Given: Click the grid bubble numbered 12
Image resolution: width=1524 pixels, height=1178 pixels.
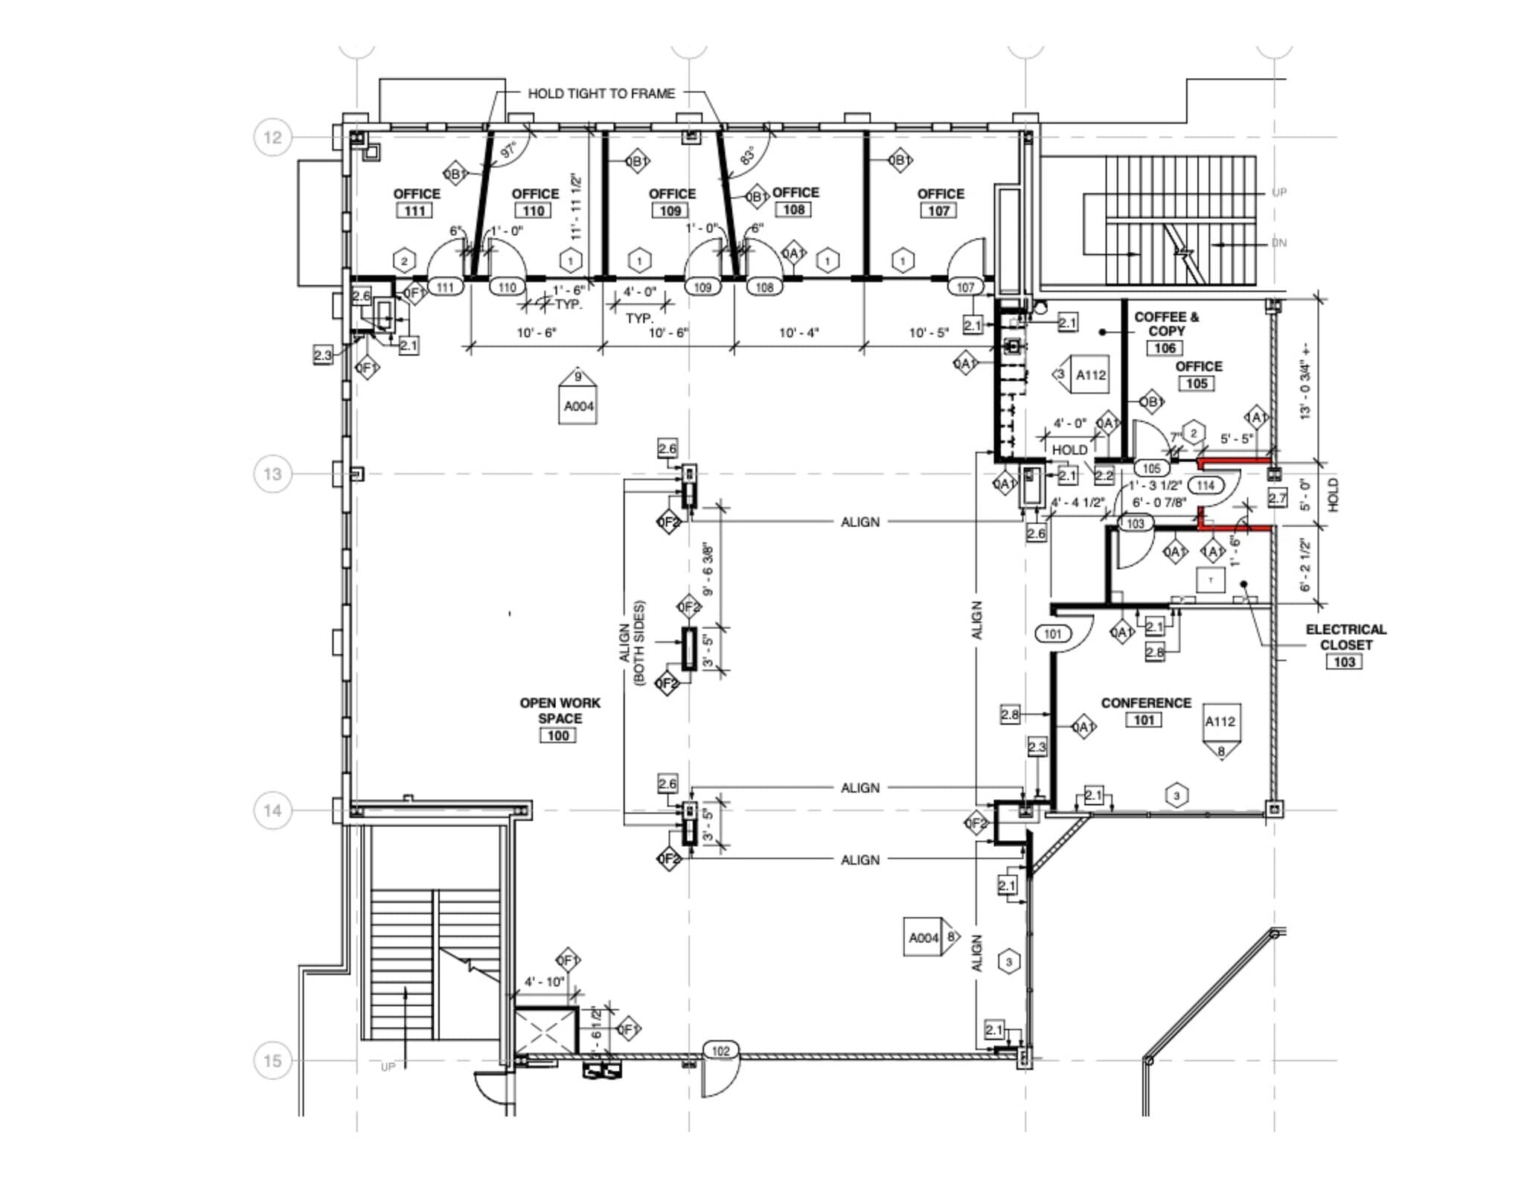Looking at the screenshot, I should (272, 138).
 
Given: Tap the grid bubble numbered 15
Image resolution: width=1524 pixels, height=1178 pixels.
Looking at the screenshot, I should (272, 1060).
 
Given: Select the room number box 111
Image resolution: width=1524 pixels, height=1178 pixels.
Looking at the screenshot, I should (414, 211).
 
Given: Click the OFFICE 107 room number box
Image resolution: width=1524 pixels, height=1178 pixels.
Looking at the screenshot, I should (938, 211).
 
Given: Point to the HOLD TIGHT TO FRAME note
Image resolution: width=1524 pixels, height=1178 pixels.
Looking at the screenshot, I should (601, 94).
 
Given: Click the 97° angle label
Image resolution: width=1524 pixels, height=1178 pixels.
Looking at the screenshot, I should (509, 151).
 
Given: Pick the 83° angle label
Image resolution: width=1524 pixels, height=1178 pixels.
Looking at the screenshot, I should (747, 156).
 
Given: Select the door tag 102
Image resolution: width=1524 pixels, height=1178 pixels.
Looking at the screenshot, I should (720, 1051).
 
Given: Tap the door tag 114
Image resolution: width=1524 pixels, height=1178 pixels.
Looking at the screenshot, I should (1206, 485).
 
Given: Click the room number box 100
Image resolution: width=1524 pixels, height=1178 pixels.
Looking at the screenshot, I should (558, 736).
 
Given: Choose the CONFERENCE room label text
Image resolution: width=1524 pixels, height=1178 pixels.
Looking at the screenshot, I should (1146, 702).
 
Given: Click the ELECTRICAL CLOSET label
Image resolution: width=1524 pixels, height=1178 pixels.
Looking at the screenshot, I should (1345, 637).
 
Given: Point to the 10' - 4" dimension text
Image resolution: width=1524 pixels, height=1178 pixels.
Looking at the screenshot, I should (798, 333).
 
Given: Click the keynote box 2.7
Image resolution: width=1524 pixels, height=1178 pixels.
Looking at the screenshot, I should (1277, 499).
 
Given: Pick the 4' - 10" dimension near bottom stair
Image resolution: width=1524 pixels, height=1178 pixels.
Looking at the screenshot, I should (544, 982).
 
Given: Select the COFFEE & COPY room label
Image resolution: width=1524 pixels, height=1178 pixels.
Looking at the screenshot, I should (1166, 324).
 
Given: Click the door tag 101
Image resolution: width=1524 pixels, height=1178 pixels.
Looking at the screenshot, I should (1052, 634).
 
